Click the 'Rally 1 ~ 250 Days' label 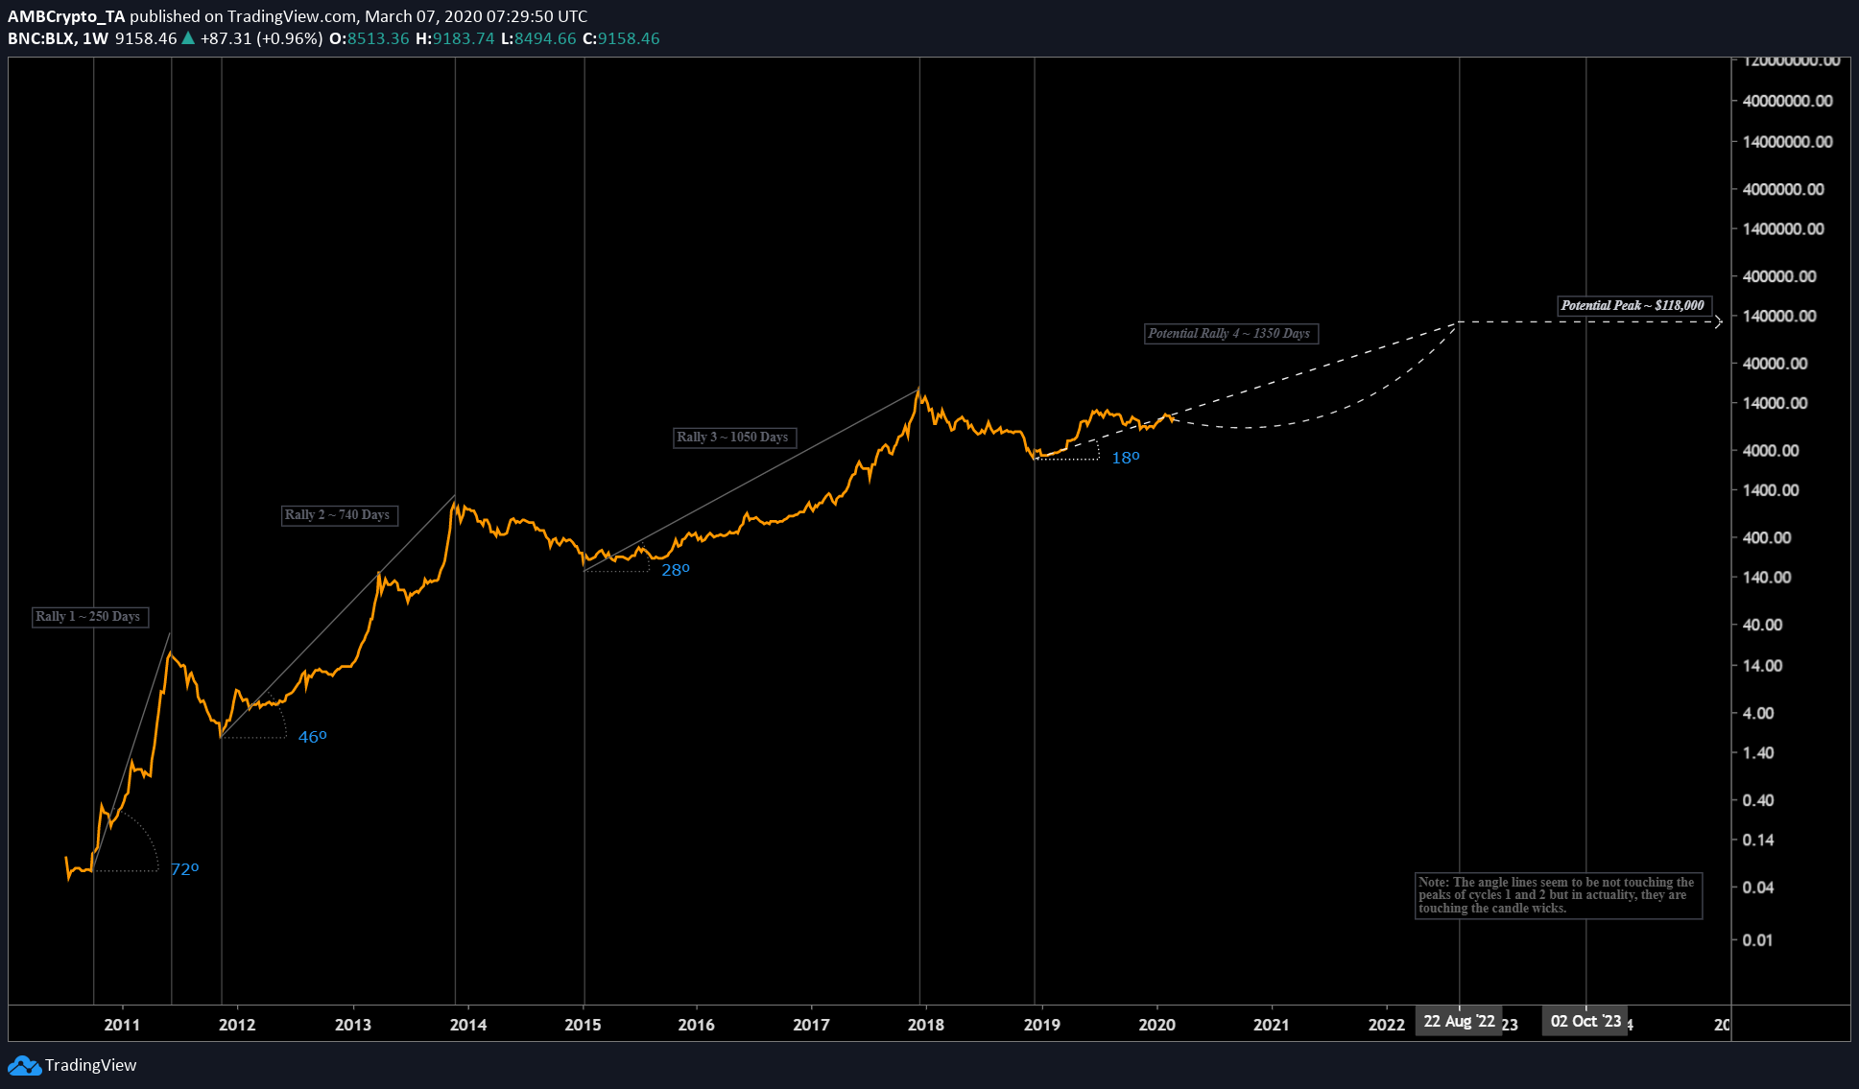point(88,617)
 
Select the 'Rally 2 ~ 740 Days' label point(338,515)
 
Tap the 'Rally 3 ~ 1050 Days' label point(733,438)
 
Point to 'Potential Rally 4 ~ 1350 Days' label point(1229,334)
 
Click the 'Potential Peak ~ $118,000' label point(1633,306)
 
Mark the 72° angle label point(184,869)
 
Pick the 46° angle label point(312,737)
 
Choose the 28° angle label point(675,570)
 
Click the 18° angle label point(1125,459)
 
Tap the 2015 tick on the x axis point(583,1025)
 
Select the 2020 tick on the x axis point(1156,1025)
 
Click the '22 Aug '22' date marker point(1459,1022)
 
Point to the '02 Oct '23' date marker point(1585,1022)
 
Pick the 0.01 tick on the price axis point(1757,940)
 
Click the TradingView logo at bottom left point(72,1065)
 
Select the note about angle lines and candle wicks point(1557,895)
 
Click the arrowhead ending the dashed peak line point(1719,322)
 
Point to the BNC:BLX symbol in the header point(40,39)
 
